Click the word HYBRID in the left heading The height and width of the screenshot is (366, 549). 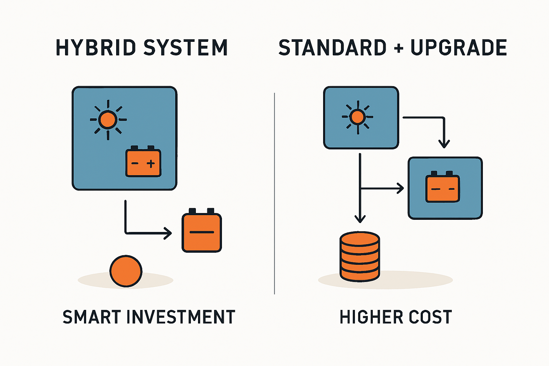95,48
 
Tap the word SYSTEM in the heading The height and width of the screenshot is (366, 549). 186,48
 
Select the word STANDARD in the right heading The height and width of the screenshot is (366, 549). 332,48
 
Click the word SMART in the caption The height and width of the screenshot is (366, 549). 92,317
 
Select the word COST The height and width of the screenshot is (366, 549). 430,317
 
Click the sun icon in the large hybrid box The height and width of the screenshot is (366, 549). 108,119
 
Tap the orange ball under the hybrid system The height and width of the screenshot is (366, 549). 126,271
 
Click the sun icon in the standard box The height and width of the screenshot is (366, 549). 357,117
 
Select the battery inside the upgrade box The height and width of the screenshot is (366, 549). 442,187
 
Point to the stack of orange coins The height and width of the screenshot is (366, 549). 360,256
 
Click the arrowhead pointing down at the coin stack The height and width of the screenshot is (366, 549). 360,218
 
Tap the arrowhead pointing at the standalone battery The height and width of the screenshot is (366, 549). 168,233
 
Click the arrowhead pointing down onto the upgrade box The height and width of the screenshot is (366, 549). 444,144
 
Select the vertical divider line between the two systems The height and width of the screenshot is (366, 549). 274,193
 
